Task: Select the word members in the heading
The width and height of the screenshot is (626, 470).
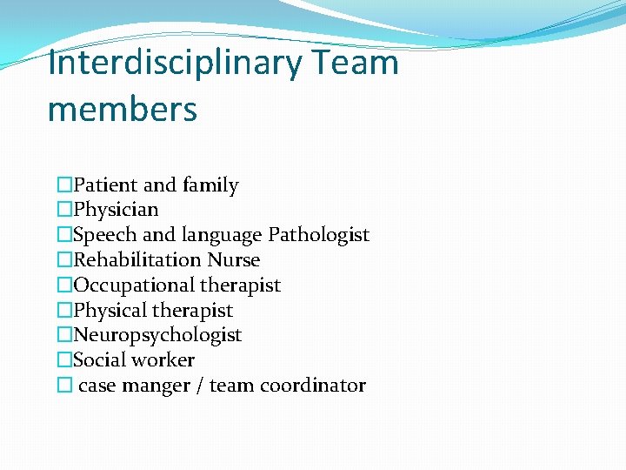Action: point(123,111)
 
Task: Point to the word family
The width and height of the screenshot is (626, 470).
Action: point(210,185)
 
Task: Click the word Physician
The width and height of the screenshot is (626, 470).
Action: point(116,210)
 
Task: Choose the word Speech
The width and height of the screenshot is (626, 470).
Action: point(102,235)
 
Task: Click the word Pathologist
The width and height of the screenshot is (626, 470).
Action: point(319,235)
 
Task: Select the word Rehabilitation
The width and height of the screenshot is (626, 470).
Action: point(137,259)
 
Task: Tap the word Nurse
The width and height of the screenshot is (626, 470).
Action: point(233,259)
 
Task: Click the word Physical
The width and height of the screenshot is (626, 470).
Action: point(110,311)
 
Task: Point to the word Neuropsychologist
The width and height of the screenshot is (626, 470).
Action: point(157,335)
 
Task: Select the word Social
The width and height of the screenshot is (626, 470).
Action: point(97,359)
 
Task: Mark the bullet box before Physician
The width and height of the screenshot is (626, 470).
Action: point(64,210)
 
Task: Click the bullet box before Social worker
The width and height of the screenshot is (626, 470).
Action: point(64,359)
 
